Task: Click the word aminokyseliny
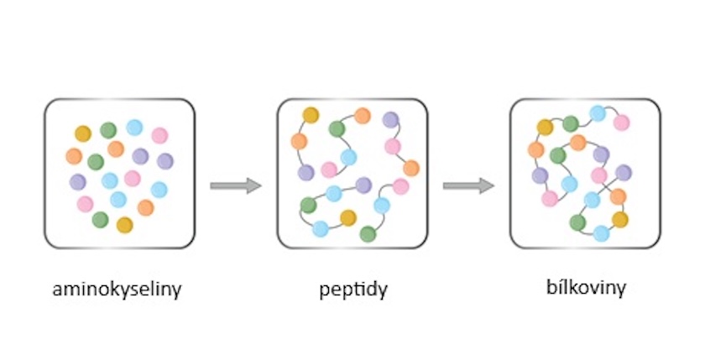coord(117,291)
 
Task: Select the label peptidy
coord(352,291)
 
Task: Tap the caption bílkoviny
coord(585,289)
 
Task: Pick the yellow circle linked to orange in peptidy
coord(311,115)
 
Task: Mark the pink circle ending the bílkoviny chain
coord(621,123)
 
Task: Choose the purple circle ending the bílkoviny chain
coord(624,173)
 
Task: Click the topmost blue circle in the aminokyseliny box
coord(134,128)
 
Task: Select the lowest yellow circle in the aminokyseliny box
coord(124,224)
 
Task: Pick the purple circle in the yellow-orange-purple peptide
coord(305,172)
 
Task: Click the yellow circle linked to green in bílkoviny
coord(546,127)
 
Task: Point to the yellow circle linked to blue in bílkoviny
coord(619,220)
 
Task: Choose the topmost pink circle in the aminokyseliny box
coord(159,134)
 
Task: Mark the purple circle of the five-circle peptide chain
coord(363,185)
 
